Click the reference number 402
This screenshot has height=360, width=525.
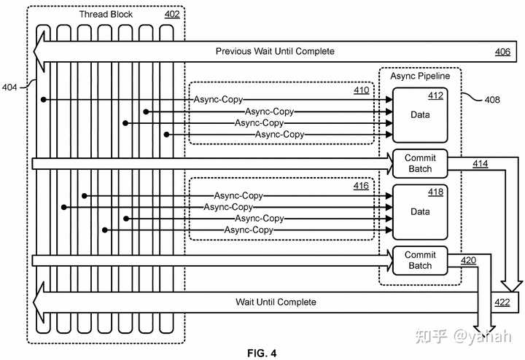click(x=172, y=15)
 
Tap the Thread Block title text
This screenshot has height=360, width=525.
click(x=106, y=15)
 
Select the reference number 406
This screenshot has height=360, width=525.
click(x=502, y=52)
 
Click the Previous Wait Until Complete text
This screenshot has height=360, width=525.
click(x=275, y=51)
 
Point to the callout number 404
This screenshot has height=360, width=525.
click(x=9, y=87)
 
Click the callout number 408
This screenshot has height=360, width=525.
click(x=492, y=99)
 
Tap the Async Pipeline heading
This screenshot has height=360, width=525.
click(x=420, y=76)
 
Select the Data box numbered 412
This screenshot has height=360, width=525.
click(x=420, y=115)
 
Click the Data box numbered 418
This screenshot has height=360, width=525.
click(x=420, y=212)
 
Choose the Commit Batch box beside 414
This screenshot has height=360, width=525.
click(x=420, y=163)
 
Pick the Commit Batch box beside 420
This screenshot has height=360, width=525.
click(x=420, y=261)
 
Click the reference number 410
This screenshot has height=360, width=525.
click(x=362, y=90)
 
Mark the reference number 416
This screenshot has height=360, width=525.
click(x=361, y=186)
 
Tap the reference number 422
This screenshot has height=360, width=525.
click(x=502, y=302)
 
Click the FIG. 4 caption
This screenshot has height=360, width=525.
click(x=262, y=353)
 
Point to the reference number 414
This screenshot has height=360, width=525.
click(x=480, y=164)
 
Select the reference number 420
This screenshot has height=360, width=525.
click(x=468, y=260)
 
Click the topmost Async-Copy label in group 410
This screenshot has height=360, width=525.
click(x=218, y=100)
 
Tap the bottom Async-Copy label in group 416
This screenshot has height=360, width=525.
click(x=249, y=230)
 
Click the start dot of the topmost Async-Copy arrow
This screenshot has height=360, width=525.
click(x=43, y=100)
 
